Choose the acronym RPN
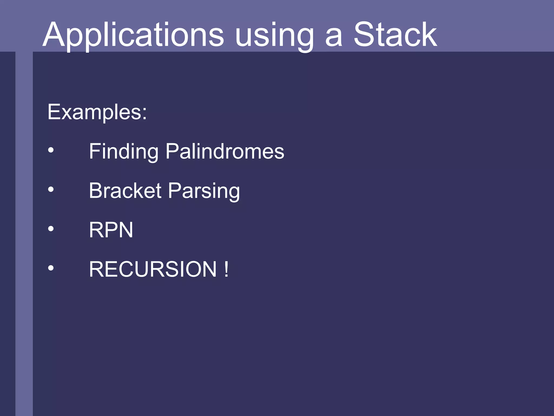click(x=111, y=230)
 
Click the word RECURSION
click(x=153, y=269)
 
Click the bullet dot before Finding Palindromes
click(x=51, y=150)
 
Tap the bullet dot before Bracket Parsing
click(x=51, y=190)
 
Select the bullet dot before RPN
click(x=51, y=229)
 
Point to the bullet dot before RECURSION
click(x=51, y=268)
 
